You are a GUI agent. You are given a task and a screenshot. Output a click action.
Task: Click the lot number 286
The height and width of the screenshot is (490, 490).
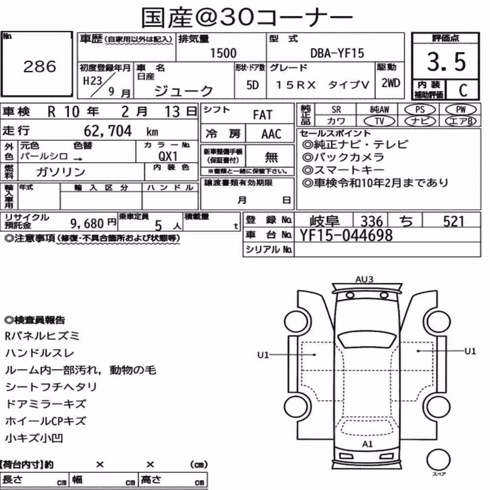[40, 66]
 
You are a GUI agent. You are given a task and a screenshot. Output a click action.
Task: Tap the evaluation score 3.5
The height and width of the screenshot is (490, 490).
[446, 62]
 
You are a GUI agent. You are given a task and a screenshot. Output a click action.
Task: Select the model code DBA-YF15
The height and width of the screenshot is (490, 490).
[337, 53]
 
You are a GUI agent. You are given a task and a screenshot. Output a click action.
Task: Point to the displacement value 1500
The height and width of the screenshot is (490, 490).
[223, 53]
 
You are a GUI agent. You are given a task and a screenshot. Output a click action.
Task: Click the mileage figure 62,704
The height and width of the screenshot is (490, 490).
[108, 131]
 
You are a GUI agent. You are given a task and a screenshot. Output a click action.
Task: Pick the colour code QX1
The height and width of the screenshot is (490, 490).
[168, 156]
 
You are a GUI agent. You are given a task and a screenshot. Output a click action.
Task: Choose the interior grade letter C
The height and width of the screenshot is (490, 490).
[463, 90]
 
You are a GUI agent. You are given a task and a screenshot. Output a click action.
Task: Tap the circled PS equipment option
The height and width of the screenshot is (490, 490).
[420, 110]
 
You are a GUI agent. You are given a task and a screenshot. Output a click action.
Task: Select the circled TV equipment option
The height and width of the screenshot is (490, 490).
[379, 121]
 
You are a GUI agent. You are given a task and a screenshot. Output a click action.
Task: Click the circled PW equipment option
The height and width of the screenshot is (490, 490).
[461, 110]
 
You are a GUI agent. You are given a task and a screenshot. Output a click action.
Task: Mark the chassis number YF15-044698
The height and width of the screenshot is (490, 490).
[346, 235]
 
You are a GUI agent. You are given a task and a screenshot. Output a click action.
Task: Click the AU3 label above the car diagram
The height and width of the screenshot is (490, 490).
[365, 279]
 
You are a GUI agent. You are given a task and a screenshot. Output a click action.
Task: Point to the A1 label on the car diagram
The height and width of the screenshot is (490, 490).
[367, 444]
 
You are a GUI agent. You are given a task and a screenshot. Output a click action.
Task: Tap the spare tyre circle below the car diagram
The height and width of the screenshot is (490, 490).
[439, 460]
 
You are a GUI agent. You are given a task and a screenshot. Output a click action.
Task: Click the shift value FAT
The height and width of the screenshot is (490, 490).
[263, 115]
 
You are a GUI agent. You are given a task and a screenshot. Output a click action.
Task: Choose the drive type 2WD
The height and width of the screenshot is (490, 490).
[391, 83]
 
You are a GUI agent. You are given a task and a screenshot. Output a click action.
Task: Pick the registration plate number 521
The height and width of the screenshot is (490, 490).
[454, 221]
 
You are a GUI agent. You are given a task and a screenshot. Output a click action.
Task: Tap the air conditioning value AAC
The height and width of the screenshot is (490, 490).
[271, 134]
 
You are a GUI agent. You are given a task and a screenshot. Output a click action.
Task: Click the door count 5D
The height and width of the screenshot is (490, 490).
[252, 85]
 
